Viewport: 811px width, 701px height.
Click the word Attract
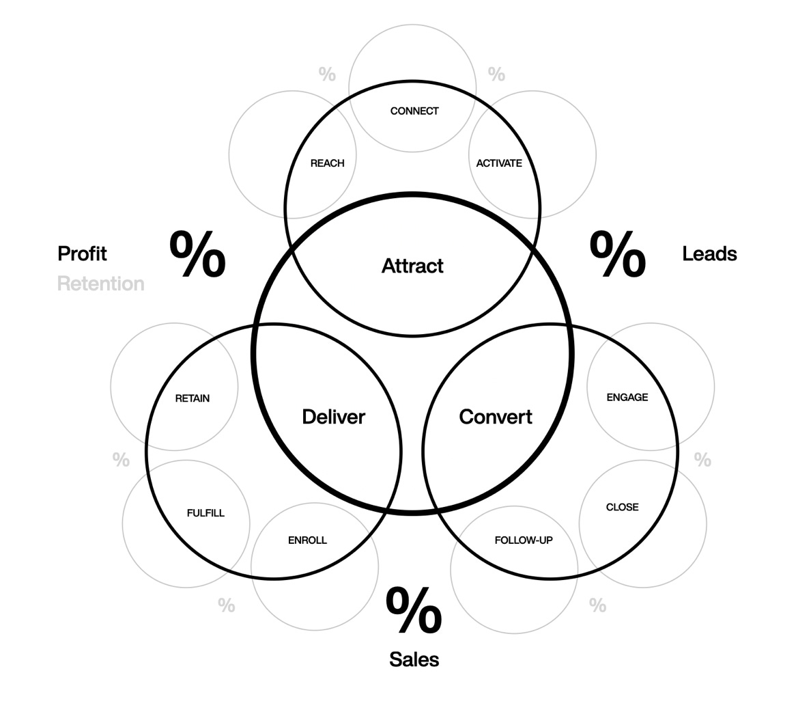[x=412, y=266]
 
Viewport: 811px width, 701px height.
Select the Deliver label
[x=333, y=417]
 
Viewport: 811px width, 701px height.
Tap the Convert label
[x=496, y=417]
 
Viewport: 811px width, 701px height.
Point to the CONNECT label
[x=414, y=111]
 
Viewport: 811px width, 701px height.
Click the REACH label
[x=327, y=163]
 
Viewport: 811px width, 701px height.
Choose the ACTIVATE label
[x=499, y=163]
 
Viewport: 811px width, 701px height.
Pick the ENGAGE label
[x=627, y=397]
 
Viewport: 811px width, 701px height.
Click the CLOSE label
[x=623, y=507]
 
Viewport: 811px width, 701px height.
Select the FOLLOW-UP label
[x=524, y=540]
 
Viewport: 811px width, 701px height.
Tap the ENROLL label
[x=307, y=540]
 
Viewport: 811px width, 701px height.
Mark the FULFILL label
[x=205, y=513]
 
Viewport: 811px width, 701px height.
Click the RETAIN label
[x=193, y=398]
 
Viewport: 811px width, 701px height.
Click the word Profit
[x=83, y=253]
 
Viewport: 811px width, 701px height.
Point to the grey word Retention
[x=101, y=284]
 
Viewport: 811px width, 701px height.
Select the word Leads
[x=710, y=253]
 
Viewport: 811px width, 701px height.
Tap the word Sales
[x=414, y=659]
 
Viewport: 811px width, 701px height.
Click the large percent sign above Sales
[x=414, y=611]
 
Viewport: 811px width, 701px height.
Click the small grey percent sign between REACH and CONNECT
[x=328, y=74]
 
